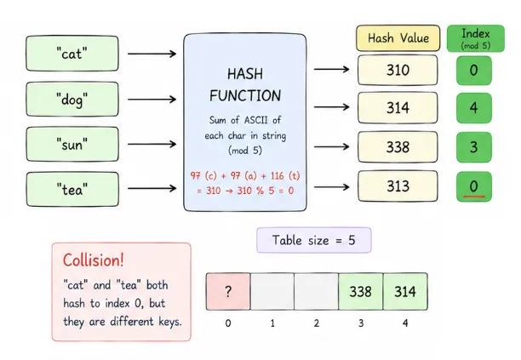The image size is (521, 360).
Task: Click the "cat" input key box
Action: coord(72,54)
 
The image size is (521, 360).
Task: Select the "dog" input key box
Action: coord(72,99)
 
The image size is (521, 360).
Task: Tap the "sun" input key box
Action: coord(72,144)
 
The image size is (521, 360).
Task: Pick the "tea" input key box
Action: coord(72,189)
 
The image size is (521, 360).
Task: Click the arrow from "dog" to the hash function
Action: coord(152,99)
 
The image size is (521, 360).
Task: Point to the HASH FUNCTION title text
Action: coord(245,85)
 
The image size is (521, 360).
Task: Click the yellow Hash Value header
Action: coord(398,37)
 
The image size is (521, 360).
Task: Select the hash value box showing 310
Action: coord(398,70)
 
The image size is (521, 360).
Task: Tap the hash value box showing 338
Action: coord(398,146)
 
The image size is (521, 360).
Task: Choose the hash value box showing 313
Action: coord(398,186)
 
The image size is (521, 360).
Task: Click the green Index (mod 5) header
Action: coord(476,38)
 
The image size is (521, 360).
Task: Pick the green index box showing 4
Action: coord(474,108)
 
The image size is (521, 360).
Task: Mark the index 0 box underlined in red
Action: coord(474,186)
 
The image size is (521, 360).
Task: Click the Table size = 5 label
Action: coord(314,240)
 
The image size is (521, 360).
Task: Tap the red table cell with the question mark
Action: coord(228,292)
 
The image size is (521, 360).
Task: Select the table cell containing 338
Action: coord(360,292)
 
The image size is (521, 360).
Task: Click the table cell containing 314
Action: coord(405,292)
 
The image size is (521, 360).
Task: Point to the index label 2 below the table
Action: coord(317,323)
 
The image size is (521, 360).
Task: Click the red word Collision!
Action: coord(94,260)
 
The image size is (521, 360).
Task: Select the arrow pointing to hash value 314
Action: coord(332,107)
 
